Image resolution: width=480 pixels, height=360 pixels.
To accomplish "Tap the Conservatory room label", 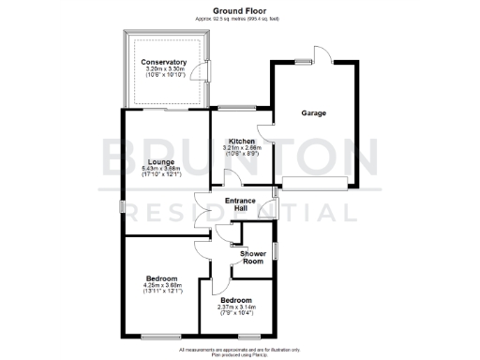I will pos(164,63).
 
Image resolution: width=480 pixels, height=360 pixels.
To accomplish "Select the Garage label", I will pos(313,113).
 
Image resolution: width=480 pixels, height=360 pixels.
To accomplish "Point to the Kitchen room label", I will pos(242,142).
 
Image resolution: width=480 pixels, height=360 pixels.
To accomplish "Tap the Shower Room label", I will pos(253,258).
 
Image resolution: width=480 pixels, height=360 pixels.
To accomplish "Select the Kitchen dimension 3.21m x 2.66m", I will pos(242,148).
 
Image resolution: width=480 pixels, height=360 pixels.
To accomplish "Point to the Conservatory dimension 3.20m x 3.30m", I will pos(164,69).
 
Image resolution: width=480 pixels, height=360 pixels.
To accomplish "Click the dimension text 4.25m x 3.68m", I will pos(162,285).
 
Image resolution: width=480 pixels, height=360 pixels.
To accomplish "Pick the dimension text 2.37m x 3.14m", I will pos(236,307).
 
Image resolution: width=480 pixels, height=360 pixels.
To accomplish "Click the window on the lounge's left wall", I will pos(122,206).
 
